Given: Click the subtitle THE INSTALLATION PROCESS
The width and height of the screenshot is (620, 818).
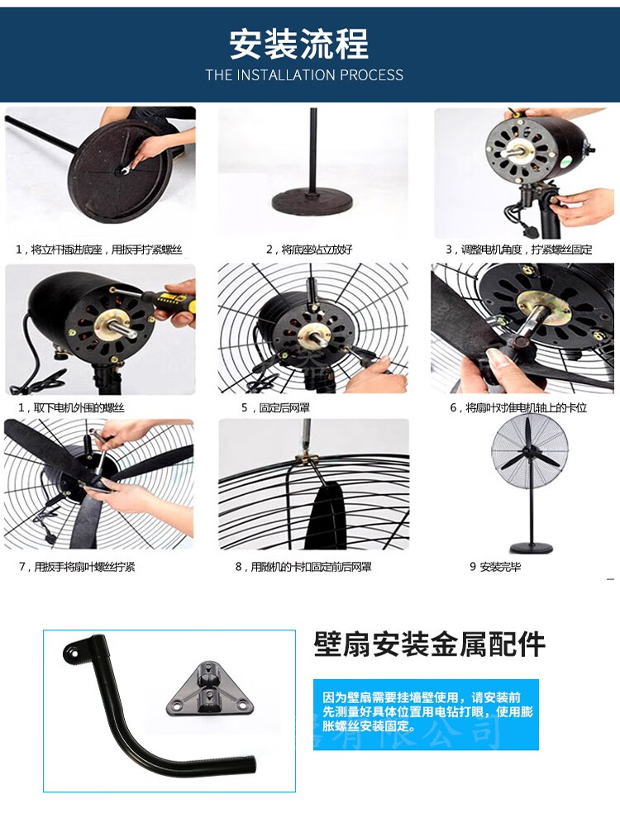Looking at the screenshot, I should point(304,75).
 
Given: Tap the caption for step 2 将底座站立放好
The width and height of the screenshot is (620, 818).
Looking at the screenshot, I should point(309,249).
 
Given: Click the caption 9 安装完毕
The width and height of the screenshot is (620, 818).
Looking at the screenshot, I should point(495,567).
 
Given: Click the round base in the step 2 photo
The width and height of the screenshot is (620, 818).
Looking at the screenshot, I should point(313,202).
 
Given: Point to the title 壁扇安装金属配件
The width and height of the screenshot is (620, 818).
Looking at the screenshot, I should point(430,644).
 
